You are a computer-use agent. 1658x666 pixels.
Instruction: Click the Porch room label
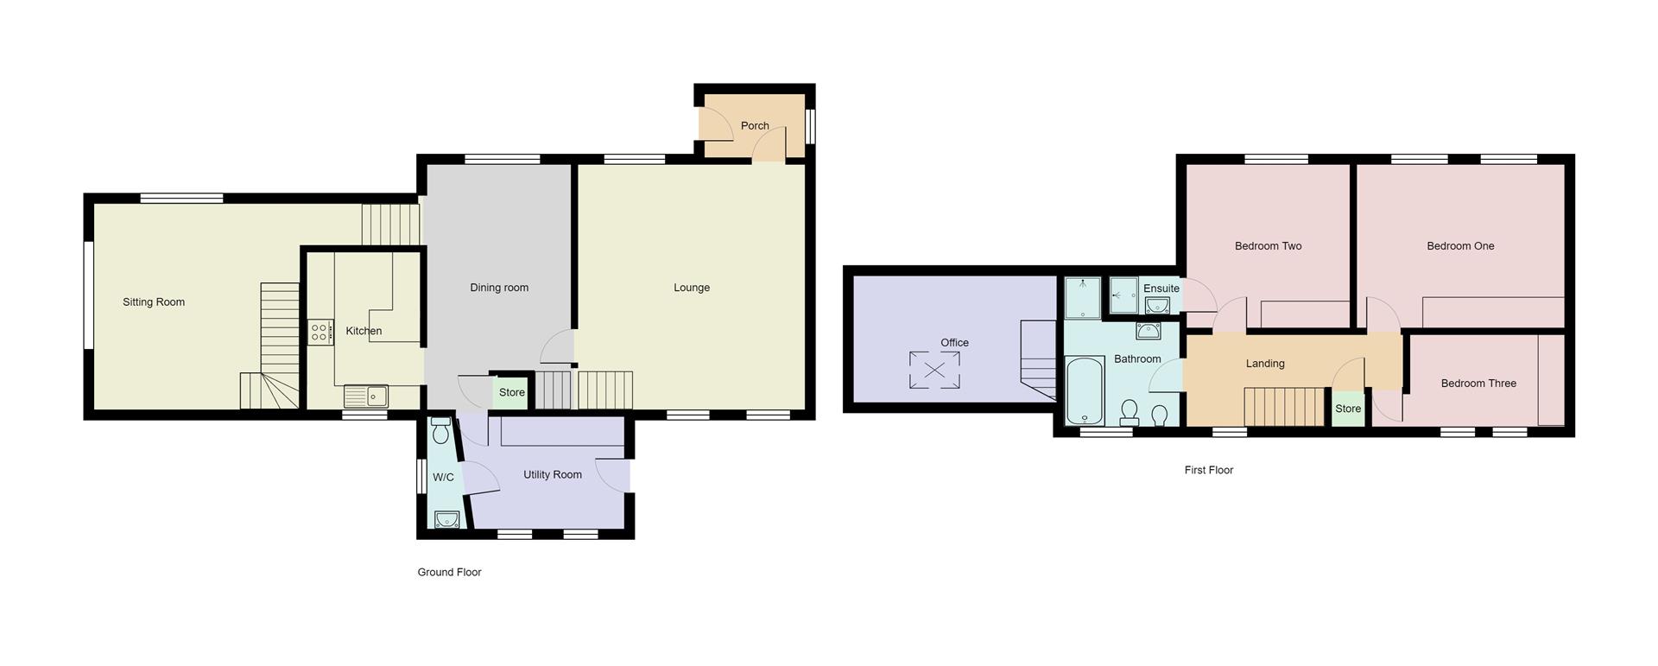(755, 126)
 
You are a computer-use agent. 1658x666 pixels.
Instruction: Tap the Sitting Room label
(154, 302)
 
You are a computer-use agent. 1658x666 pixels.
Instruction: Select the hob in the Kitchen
(320, 333)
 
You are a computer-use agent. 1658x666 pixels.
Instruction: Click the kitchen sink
(366, 396)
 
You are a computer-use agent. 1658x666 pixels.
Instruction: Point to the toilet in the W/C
(440, 430)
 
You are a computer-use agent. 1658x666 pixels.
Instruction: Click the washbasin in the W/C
(446, 519)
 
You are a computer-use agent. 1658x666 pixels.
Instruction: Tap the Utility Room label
(553, 475)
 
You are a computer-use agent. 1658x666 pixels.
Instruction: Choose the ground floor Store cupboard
(511, 393)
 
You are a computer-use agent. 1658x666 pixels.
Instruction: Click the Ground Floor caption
(449, 573)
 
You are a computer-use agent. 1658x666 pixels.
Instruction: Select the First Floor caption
(1208, 471)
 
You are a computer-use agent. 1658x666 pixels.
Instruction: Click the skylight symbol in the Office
(934, 371)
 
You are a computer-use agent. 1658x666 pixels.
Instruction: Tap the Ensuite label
(1161, 289)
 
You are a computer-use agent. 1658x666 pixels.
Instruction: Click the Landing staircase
(1284, 406)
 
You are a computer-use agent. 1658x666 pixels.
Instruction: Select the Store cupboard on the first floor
(1348, 409)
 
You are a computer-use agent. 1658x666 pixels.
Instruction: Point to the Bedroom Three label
(1478, 384)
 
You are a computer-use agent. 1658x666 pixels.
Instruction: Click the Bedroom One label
(1460, 246)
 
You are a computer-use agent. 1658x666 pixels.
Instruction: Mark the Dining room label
(499, 288)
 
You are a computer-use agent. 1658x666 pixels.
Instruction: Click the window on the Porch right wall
(810, 126)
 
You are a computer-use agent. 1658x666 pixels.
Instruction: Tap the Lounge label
(692, 288)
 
